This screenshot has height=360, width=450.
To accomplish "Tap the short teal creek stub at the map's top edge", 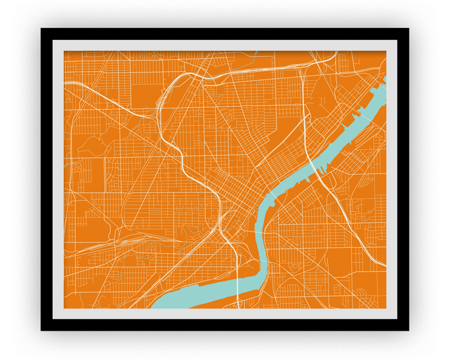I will [x=256, y=53].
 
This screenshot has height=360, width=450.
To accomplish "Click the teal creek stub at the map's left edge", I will [x=67, y=163].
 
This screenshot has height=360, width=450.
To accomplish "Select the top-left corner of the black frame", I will [x=42, y=30].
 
